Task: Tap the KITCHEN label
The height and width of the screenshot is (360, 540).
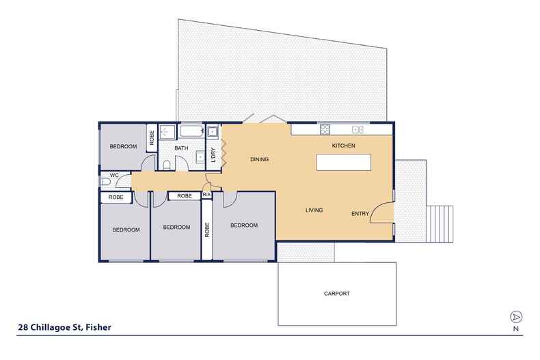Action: pyautogui.click(x=344, y=146)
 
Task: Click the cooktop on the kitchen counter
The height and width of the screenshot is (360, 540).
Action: pyautogui.click(x=325, y=129)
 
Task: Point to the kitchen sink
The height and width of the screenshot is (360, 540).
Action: pyautogui.click(x=356, y=129)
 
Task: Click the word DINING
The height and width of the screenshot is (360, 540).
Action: pyautogui.click(x=259, y=160)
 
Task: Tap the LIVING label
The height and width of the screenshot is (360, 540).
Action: pyautogui.click(x=314, y=210)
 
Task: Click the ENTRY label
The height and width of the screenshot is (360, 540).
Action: pyautogui.click(x=360, y=214)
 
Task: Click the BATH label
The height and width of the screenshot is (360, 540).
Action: pyautogui.click(x=181, y=148)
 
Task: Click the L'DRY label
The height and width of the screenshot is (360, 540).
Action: pyautogui.click(x=213, y=155)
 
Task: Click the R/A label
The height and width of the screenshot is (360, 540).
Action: pyautogui.click(x=206, y=195)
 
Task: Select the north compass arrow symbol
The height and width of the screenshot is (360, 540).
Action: pyautogui.click(x=515, y=317)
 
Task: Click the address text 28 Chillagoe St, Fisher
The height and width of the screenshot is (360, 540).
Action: pyautogui.click(x=64, y=327)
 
